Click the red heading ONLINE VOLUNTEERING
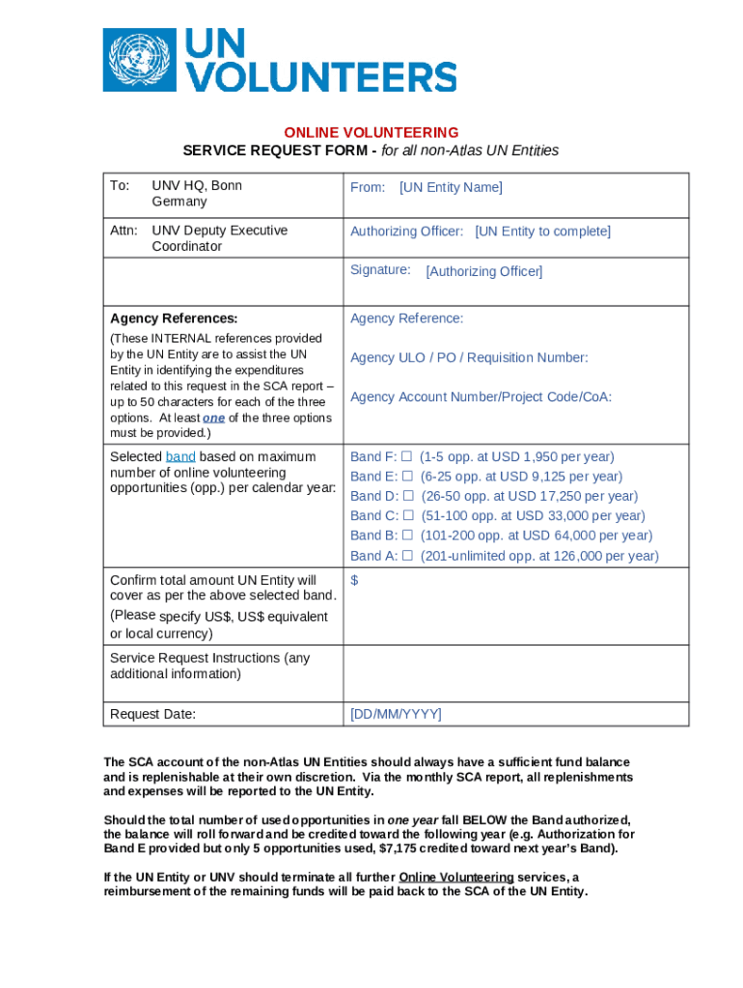tap(371, 132)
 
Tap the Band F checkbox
tap(407, 456)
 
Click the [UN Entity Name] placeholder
tap(451, 187)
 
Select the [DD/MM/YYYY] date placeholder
tap(396, 714)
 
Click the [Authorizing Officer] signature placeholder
tap(483, 272)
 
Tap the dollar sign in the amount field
tap(354, 580)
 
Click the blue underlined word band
tap(180, 456)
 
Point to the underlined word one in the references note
tap(213, 418)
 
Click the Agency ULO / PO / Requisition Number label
tap(469, 358)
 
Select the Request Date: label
tap(152, 714)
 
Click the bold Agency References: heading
tap(174, 318)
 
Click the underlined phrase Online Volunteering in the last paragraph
tap(456, 877)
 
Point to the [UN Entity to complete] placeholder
tap(542, 232)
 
